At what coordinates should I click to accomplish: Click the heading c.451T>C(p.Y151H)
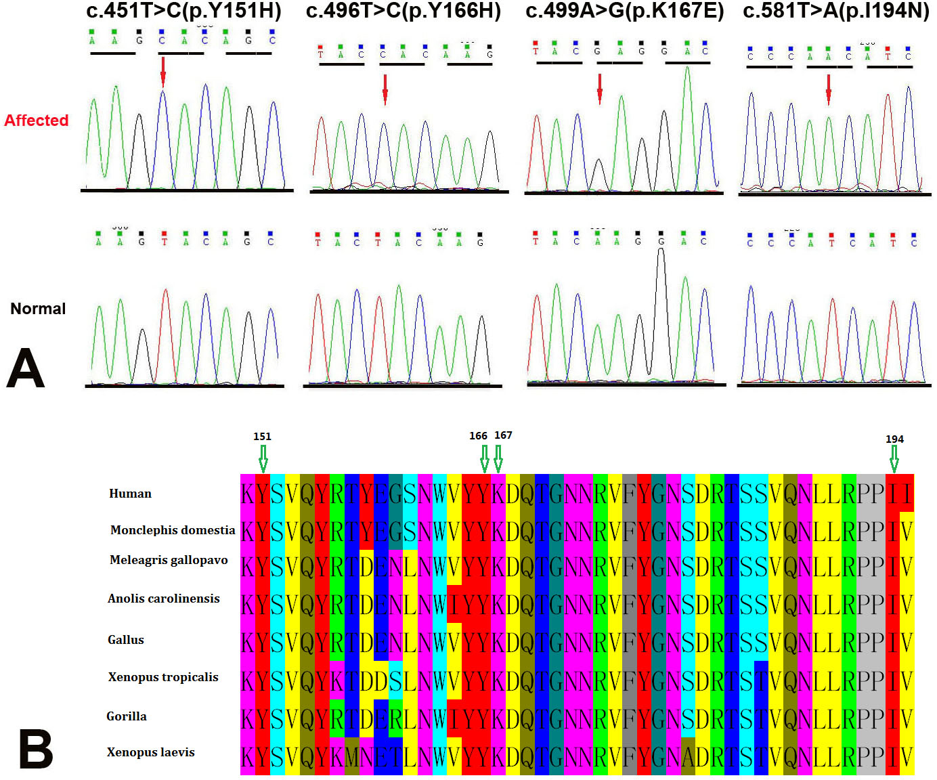(x=183, y=12)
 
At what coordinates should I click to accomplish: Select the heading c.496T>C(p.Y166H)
(x=404, y=12)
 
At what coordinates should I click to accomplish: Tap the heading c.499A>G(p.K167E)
(x=624, y=12)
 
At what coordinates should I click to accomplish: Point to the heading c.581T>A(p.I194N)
(x=835, y=12)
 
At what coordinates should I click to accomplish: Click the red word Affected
(x=37, y=121)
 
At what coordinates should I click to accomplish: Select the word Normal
(x=38, y=309)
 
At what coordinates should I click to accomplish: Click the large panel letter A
(x=26, y=369)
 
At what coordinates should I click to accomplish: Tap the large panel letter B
(x=35, y=750)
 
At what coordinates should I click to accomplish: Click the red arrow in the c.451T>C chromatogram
(x=162, y=72)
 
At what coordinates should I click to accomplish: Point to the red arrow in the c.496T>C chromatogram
(x=385, y=89)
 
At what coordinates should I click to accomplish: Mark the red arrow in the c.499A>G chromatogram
(x=599, y=89)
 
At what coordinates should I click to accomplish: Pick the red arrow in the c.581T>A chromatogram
(x=828, y=89)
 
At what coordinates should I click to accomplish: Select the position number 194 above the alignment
(x=894, y=439)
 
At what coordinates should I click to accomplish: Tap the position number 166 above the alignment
(x=478, y=436)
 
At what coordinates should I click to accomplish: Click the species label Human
(x=130, y=494)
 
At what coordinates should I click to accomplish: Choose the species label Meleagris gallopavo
(x=169, y=560)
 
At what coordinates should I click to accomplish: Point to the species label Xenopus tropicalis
(x=163, y=677)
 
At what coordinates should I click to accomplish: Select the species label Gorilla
(x=127, y=716)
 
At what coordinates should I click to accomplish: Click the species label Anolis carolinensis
(x=164, y=599)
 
